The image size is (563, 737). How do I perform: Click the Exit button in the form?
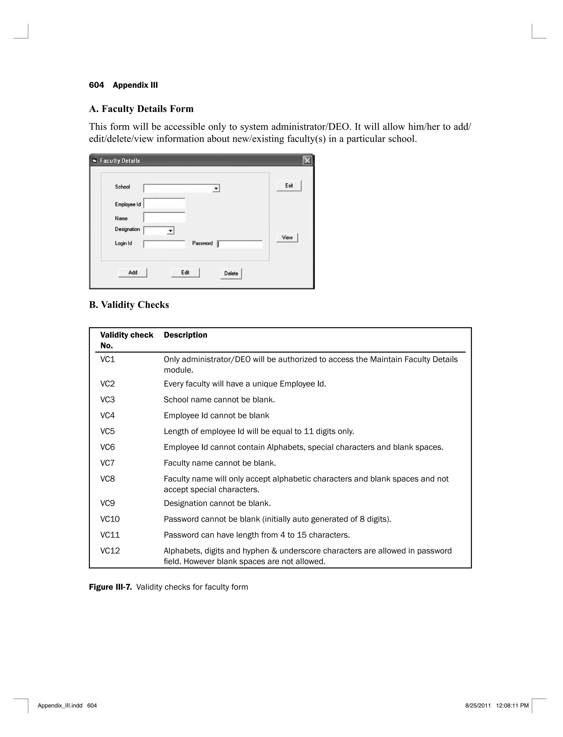pos(289,186)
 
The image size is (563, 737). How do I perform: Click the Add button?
pos(133,273)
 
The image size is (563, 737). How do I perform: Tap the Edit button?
pos(185,273)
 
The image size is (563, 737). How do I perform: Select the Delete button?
pos(231,273)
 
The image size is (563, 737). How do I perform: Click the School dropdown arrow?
pos(216,189)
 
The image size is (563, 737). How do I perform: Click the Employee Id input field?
pos(164,204)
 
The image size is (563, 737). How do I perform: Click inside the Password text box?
pos(240,244)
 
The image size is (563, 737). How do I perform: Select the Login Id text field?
pos(164,244)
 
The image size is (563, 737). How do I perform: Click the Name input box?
pos(164,218)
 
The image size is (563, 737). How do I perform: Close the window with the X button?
pos(307,161)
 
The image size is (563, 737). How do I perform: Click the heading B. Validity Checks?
pos(129,305)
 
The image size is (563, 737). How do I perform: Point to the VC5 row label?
pos(107,431)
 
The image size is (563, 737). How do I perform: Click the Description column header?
pos(185,335)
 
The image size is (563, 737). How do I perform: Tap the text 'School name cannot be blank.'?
pos(219,400)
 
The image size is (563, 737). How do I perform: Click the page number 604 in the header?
pos(96,85)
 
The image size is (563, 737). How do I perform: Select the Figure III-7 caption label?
pos(110,587)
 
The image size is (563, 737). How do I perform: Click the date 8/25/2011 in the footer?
pos(478,705)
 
